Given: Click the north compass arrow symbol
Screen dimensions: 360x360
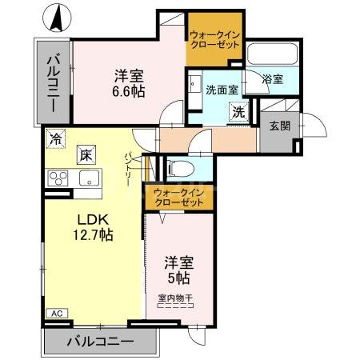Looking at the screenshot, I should [57, 18].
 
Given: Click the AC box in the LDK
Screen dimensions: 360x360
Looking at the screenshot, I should [57, 313].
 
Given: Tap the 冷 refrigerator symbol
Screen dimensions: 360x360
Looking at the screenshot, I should [55, 138].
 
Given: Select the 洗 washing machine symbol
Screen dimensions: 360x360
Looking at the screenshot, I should [238, 113].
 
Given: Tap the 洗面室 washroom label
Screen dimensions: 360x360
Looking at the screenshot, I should [221, 90].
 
